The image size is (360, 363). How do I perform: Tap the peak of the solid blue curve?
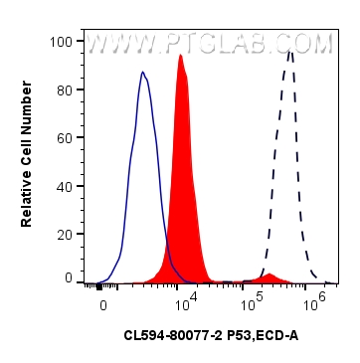pos(143,73)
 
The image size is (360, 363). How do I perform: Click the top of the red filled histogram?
pos(180,56)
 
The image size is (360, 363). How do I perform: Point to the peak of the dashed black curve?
pos(289,52)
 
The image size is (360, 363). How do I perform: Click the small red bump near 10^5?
pos(269,273)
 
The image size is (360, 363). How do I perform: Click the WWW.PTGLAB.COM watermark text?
pos(209,45)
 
